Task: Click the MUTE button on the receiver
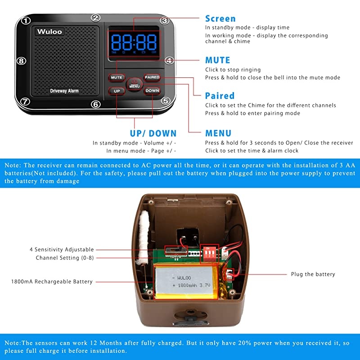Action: (x=117, y=77)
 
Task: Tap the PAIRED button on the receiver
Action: (x=152, y=77)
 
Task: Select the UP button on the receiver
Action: (x=117, y=90)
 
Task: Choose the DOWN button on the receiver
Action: (x=152, y=90)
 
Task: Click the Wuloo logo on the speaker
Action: (x=50, y=31)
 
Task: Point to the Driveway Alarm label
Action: (x=64, y=91)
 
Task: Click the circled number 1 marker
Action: (x=27, y=20)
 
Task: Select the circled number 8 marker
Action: (x=21, y=61)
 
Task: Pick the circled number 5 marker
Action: (x=166, y=101)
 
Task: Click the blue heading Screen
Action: (x=220, y=18)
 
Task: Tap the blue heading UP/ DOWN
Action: (x=153, y=133)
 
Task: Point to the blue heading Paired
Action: (x=220, y=95)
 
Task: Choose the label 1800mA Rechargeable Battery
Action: (x=52, y=282)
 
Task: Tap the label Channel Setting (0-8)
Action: (x=65, y=258)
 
